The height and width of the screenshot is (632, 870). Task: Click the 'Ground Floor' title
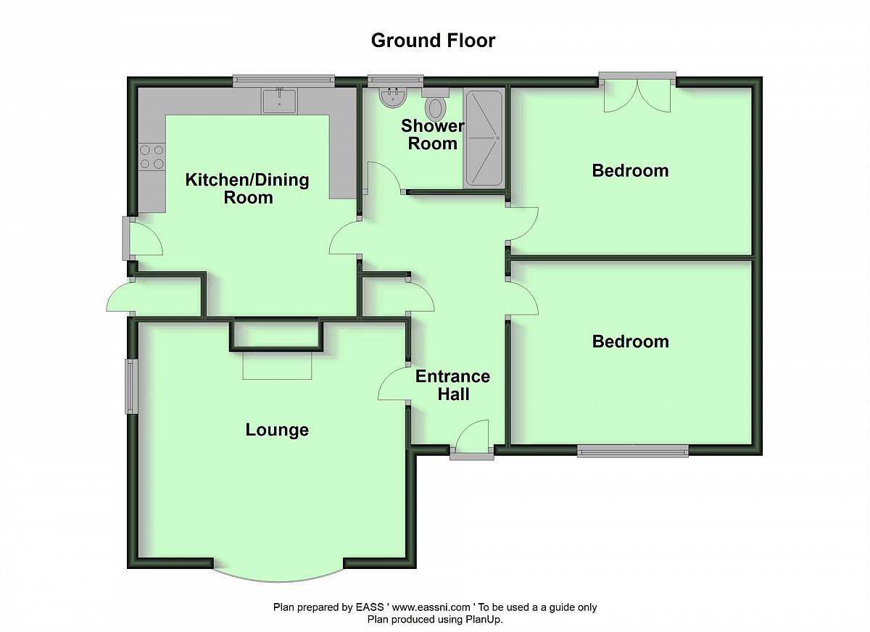pos(433,41)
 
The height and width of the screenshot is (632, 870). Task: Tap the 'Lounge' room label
pos(277,430)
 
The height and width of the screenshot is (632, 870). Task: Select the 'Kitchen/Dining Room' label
pos(247,188)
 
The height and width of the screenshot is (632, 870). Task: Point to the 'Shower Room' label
pos(432,135)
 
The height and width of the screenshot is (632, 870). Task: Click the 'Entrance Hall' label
pos(453,385)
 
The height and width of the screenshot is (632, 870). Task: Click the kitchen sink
pos(279,101)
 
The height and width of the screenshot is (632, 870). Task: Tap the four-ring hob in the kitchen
pos(152,157)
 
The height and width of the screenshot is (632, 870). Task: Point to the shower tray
pos(484,138)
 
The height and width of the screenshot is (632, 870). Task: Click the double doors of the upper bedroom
pos(637,96)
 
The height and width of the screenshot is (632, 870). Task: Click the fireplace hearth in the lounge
pos(277,365)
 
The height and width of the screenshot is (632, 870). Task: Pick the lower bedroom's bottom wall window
pos(633,451)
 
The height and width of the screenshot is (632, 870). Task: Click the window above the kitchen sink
pos(284,80)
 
